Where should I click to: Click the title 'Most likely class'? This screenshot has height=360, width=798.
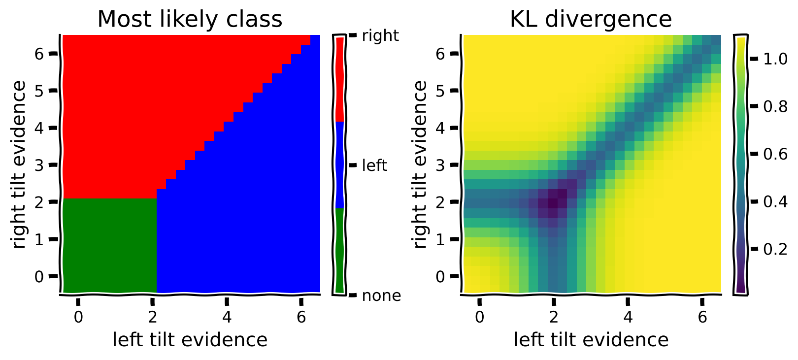point(190,19)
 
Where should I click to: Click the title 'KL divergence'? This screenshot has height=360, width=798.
point(591,19)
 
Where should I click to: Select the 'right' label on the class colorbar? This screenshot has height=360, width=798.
point(380,35)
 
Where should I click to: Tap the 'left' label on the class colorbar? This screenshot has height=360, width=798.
point(374,165)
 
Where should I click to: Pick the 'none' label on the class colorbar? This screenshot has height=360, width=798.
point(381,295)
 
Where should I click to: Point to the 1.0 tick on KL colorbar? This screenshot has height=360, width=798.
point(775,59)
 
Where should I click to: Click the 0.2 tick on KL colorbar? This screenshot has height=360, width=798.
point(775,249)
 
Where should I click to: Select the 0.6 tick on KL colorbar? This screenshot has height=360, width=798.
point(775,154)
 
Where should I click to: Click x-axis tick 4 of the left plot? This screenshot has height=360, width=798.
point(227,317)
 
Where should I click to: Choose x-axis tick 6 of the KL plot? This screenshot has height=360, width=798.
point(702,317)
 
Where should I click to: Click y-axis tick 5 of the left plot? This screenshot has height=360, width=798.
point(39,91)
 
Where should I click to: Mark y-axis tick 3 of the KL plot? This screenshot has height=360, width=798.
point(441,165)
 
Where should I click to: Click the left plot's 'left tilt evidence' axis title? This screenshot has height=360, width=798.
point(190,340)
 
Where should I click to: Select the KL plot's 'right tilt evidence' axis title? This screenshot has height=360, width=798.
point(420,165)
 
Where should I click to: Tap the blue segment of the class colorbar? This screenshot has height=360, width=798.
point(339,165)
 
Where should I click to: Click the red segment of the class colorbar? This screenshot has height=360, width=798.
point(339,79)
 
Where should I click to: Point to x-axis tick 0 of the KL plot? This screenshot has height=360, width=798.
point(479,317)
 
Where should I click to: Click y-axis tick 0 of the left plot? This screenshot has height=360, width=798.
point(39,277)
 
